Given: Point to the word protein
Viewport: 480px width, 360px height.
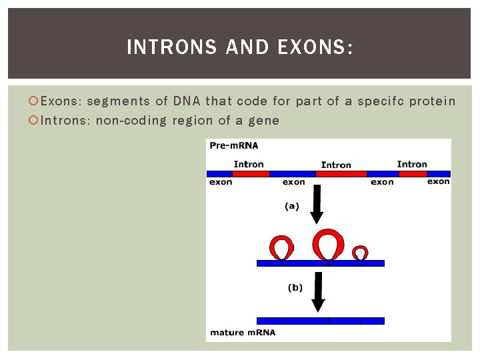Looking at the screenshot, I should pos(432,101).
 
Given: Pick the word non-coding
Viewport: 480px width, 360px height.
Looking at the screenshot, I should pos(131,121).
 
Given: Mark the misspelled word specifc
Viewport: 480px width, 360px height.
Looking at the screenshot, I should pos(380,101).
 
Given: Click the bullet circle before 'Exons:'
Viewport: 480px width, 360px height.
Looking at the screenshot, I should pos(35,102).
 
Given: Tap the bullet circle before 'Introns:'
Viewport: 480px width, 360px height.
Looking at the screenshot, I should pos(35,121).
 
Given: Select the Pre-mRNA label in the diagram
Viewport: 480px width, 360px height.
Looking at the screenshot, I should pos(233,145).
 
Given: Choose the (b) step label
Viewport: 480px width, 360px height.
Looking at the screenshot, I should pos(295,288).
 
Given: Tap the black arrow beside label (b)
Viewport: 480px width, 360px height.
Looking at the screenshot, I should pos(318,293).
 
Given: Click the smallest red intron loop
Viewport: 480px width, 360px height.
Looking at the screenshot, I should pos(360,252).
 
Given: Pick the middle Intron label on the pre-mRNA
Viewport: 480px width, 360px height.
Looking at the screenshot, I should pos(336,165).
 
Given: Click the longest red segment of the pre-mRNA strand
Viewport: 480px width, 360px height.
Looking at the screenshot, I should pos(341,174).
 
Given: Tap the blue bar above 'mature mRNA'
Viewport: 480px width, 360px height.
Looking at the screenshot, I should pos(320,321).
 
